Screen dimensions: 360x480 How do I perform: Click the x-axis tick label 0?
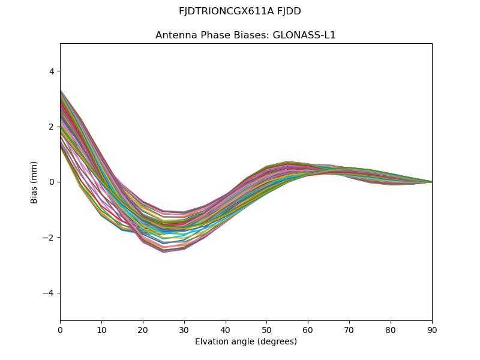pos(60,329)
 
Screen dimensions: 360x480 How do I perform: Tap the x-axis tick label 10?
pos(101,329)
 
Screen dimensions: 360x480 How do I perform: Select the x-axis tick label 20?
pos(143,329)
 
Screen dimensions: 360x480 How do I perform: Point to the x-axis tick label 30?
pos(184,329)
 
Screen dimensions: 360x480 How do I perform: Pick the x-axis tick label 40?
pos(226,329)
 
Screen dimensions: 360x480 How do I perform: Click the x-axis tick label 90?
pos(432,329)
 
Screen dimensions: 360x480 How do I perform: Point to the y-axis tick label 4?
pos(51,71)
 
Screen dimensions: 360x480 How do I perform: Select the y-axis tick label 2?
pos(51,127)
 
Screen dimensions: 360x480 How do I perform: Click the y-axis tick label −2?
pos(49,238)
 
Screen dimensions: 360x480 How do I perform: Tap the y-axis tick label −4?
pos(49,293)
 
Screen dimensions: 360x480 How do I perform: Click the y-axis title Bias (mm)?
pos(34,182)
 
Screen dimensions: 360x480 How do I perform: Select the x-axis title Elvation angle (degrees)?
pos(246,341)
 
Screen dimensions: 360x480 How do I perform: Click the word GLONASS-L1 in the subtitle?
pos(304,35)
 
